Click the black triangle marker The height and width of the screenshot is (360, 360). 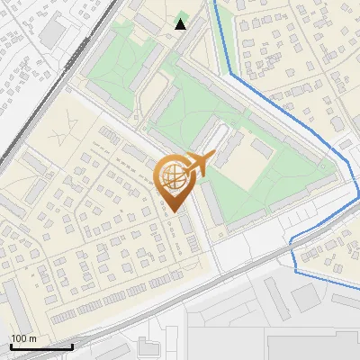(x=181, y=24)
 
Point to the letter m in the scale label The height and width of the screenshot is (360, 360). (x=32, y=338)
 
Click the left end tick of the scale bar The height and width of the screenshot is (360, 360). (x=11, y=346)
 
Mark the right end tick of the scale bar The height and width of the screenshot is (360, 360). (x=72, y=346)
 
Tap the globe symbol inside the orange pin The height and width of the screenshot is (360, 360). (x=172, y=177)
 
